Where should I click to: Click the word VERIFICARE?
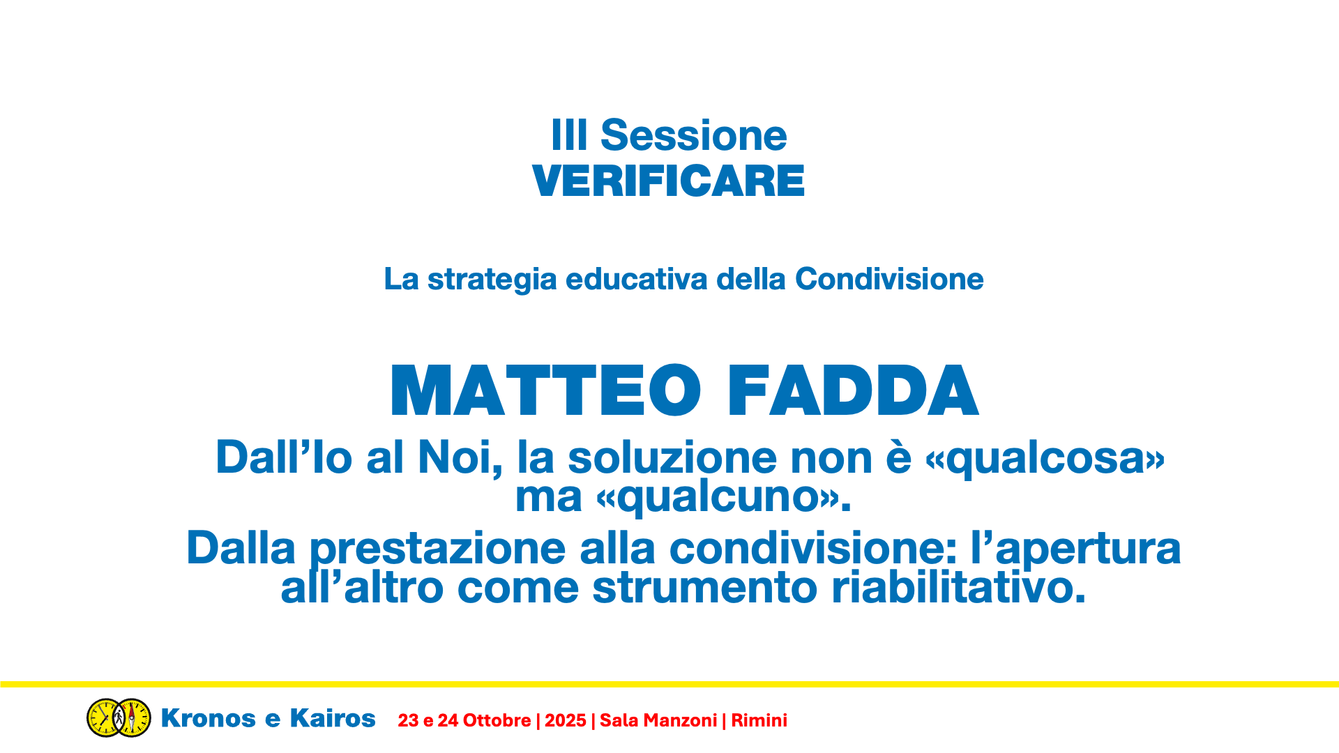tap(668, 181)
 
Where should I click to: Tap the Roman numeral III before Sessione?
tap(569, 135)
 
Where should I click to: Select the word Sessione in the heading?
tap(693, 135)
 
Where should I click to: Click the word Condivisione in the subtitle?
tap(889, 279)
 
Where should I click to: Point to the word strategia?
tap(492, 280)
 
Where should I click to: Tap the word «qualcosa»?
tap(1045, 459)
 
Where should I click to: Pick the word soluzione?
tap(672, 458)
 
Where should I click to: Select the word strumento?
tap(704, 588)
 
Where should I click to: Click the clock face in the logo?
tap(105, 718)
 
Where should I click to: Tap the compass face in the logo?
tap(133, 718)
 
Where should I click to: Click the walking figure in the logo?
tap(119, 717)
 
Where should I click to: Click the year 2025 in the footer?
tap(565, 721)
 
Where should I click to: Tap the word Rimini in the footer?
tap(759, 721)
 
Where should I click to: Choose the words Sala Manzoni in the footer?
tap(658, 721)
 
